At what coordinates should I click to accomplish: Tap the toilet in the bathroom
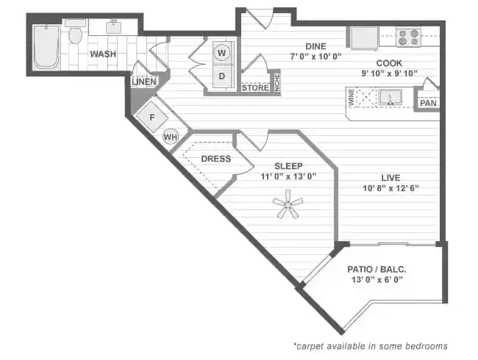[x=75, y=35]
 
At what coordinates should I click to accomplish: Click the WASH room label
[x=102, y=54]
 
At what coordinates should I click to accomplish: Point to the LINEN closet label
[x=144, y=82]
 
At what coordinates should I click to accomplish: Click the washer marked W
[x=221, y=53]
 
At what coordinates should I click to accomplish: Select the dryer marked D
[x=221, y=74]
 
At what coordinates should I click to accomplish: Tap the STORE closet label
[x=254, y=88]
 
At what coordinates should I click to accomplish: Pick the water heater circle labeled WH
[x=170, y=137]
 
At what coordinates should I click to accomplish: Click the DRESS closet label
[x=215, y=159]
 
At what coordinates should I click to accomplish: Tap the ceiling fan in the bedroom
[x=287, y=203]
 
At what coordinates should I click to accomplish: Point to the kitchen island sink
[x=390, y=97]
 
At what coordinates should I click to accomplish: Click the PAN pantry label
[x=428, y=103]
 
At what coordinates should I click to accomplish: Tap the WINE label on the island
[x=352, y=97]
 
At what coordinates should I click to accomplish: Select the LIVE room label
[x=390, y=177]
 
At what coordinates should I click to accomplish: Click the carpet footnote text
[x=370, y=345]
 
